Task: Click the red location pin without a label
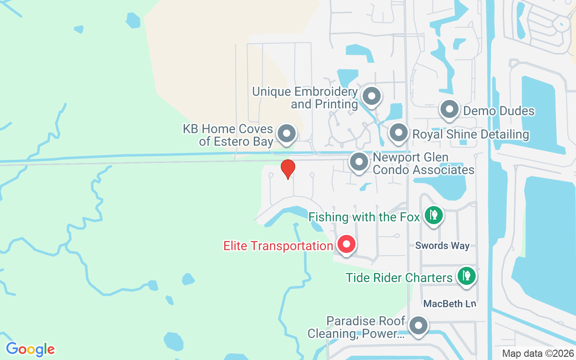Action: [288, 169]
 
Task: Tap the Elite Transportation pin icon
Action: [346, 244]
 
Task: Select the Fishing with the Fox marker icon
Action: [433, 216]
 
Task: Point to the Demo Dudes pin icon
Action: [449, 109]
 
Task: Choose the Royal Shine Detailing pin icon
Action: [398, 133]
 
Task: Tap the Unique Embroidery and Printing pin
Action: [371, 96]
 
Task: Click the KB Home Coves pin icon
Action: [286, 134]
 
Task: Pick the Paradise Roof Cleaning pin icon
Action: [419, 325]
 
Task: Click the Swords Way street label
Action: [442, 246]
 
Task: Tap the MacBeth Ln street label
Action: [450, 304]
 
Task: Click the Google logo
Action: [31, 349]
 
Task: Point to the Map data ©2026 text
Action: [538, 354]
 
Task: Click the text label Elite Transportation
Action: [278, 246]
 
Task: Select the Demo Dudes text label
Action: [499, 111]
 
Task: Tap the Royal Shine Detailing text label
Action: [471, 135]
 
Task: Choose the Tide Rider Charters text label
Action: [399, 278]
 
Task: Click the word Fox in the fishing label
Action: [409, 217]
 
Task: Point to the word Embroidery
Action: [326, 92]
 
